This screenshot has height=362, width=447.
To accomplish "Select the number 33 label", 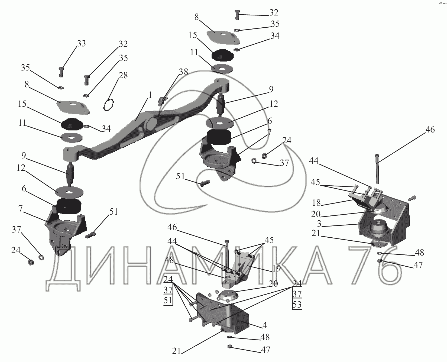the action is pos(81,44).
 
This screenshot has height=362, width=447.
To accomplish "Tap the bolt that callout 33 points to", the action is pos(61,72).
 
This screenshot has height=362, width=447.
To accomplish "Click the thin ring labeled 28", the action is pos(109,105).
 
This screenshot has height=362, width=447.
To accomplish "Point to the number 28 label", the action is pos(123,76).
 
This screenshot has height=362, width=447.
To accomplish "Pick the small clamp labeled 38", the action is pos(162,101).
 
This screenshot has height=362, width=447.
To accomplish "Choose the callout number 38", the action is pos(183,72).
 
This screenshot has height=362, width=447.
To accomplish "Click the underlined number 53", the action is pos(297,305).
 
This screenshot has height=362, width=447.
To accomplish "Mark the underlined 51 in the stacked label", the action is pos(168,300).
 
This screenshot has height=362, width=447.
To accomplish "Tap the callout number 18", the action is pos(316,203).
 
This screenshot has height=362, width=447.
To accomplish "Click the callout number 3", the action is pos(320,224).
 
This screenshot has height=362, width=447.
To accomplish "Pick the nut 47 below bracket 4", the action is pos(229,346).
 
